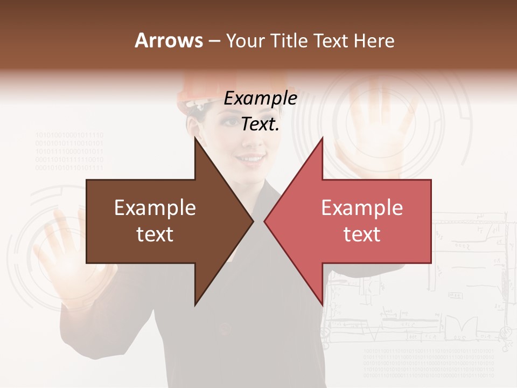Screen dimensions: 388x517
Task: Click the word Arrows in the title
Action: click(169, 40)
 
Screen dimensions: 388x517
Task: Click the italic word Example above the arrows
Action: click(260, 99)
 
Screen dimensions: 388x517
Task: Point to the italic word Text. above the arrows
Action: click(260, 124)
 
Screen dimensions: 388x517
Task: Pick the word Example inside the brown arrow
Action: click(155, 208)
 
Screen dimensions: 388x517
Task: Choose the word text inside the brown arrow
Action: click(155, 234)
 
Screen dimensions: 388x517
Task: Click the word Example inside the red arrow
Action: click(362, 208)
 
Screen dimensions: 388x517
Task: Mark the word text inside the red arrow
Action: click(362, 234)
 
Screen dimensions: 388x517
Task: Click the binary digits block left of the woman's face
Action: click(69, 151)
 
